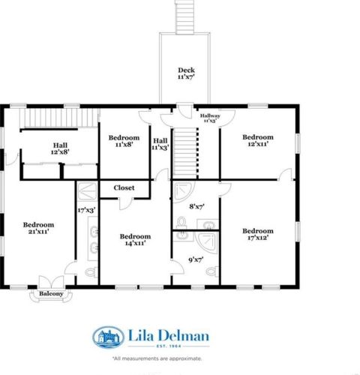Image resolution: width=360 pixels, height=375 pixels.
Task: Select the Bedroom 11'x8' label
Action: (124, 142)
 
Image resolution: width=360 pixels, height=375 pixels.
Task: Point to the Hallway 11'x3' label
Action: (210, 118)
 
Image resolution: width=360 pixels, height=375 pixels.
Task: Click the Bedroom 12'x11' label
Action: (257, 142)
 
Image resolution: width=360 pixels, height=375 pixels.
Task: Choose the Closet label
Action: (124, 187)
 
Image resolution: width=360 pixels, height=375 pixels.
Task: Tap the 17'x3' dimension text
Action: (87, 211)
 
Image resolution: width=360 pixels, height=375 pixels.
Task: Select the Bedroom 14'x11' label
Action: (135, 239)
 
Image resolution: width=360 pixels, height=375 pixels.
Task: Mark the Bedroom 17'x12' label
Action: (257, 235)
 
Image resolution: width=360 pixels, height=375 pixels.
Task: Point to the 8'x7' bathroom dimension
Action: (198, 205)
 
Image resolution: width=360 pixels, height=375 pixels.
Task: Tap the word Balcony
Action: (51, 294)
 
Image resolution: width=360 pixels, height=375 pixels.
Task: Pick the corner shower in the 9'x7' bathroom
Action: (208, 242)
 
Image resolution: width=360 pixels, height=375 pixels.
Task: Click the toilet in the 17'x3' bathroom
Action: (91, 271)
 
